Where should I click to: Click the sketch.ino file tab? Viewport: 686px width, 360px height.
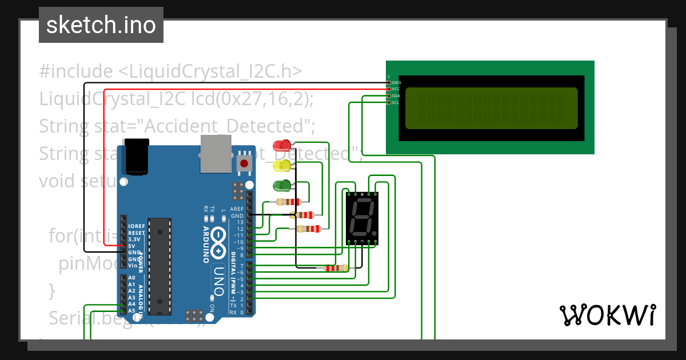pyautogui.click(x=101, y=25)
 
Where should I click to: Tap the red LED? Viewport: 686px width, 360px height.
pyautogui.click(x=281, y=145)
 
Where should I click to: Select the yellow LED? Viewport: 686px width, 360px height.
pyautogui.click(x=281, y=166)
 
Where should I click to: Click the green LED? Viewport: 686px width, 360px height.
pyautogui.click(x=281, y=185)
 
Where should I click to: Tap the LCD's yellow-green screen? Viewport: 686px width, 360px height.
pyautogui.click(x=491, y=108)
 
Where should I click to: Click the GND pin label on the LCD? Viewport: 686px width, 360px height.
pyautogui.click(x=396, y=83)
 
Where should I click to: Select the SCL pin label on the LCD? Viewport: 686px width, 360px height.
pyautogui.click(x=396, y=103)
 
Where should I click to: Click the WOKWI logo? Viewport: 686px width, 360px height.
pyautogui.click(x=607, y=315)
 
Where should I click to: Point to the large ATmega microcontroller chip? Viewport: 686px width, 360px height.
pyautogui.click(x=159, y=266)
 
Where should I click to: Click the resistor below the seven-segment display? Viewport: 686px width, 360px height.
pyautogui.click(x=336, y=268)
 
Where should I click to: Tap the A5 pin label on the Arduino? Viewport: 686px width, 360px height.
pyautogui.click(x=132, y=311)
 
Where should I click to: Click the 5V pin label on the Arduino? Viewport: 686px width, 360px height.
pyautogui.click(x=131, y=246)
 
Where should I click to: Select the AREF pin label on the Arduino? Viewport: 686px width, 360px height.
pyautogui.click(x=237, y=209)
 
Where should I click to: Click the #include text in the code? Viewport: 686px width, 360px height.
pyautogui.click(x=76, y=72)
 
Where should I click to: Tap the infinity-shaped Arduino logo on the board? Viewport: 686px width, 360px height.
pyautogui.click(x=218, y=242)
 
